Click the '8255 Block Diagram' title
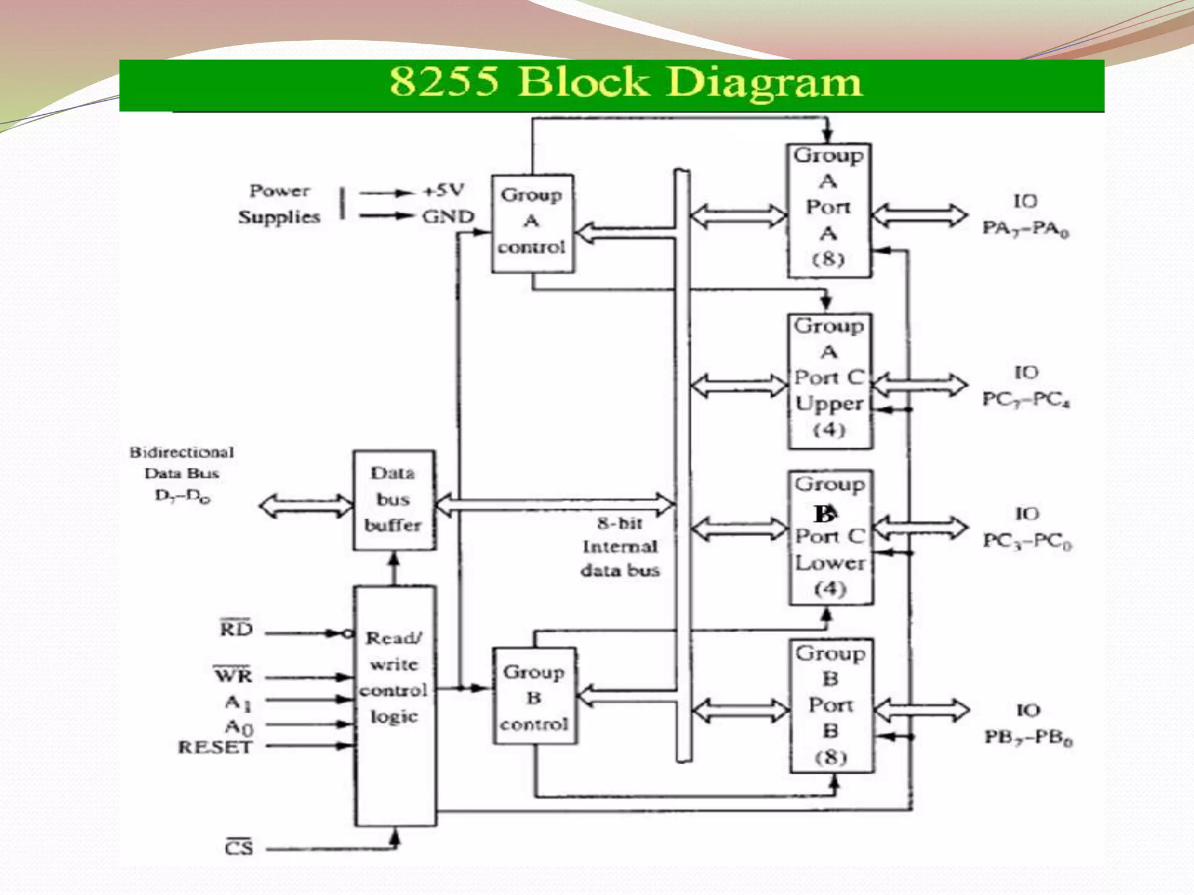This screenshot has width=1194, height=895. pyautogui.click(x=625, y=82)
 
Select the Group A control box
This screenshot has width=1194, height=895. pyautogui.click(x=532, y=223)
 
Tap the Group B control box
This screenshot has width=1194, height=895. pyautogui.click(x=534, y=697)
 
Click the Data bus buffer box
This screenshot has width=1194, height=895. pyautogui.click(x=394, y=500)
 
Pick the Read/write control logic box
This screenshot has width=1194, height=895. pyautogui.click(x=395, y=705)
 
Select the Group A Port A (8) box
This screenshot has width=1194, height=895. pyautogui.click(x=828, y=210)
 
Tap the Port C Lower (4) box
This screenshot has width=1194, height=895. pyautogui.click(x=830, y=537)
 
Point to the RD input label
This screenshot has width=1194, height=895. pyautogui.click(x=236, y=629)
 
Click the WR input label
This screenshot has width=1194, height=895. pyautogui.click(x=233, y=675)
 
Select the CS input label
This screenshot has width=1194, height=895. pyautogui.click(x=239, y=847)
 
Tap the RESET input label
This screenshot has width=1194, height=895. pyautogui.click(x=215, y=747)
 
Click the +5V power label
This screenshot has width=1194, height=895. pyautogui.click(x=444, y=191)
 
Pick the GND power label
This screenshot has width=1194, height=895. pyautogui.click(x=448, y=217)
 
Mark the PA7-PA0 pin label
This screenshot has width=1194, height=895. pyautogui.click(x=1026, y=228)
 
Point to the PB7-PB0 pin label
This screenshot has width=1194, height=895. pyautogui.click(x=1028, y=738)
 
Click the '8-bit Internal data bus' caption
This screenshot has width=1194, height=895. pyautogui.click(x=620, y=547)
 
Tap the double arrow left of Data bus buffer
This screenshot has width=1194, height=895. pyautogui.click(x=305, y=506)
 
